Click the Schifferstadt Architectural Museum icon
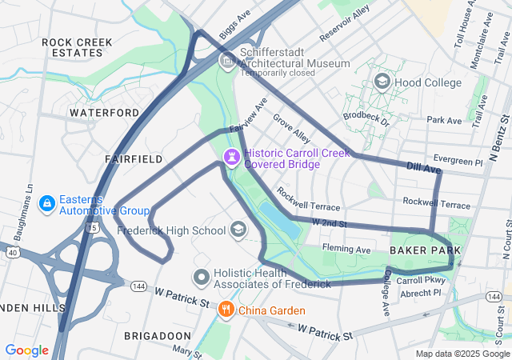coord(226,61)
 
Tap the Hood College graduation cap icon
coord(382,82)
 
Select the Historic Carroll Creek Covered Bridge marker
coord(232,156)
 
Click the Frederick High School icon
coord(238,230)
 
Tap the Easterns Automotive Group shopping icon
coord(47,205)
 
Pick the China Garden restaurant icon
coord(226,310)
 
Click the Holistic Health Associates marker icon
coord(202,278)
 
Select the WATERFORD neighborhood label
coord(98,113)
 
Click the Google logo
coord(26,350)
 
